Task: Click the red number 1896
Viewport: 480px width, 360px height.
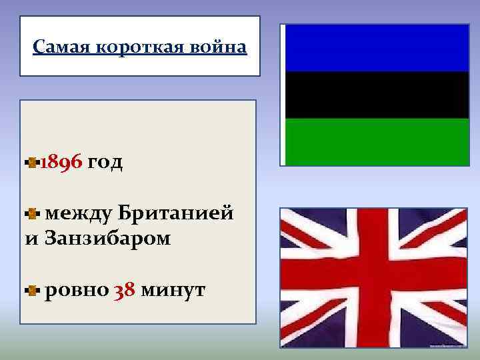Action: [x=61, y=162]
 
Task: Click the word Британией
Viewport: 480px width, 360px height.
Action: [x=176, y=213]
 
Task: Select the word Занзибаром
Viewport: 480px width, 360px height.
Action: [x=107, y=237]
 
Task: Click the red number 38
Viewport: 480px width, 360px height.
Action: [x=125, y=291]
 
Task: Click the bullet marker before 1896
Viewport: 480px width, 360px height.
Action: [x=32, y=162]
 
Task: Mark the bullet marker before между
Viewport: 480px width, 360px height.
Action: [x=32, y=214]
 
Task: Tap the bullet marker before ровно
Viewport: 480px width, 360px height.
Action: [x=32, y=291]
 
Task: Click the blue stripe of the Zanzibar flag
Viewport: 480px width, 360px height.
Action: [x=377, y=48]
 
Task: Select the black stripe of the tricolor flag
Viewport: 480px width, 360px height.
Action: [x=377, y=95]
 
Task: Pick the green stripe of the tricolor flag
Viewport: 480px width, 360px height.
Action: [x=377, y=141]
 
